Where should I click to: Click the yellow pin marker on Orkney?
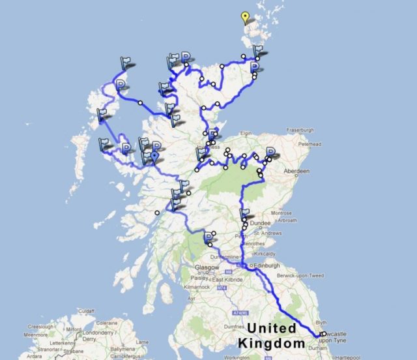click(x=245, y=18)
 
